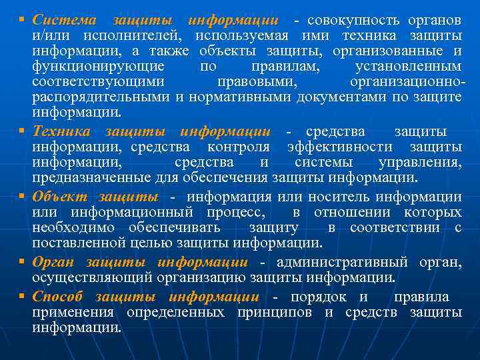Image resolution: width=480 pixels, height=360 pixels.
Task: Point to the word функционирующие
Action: (x=98, y=66)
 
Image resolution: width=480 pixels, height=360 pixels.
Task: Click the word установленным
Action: (x=408, y=66)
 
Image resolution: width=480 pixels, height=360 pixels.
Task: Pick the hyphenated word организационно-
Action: (x=407, y=81)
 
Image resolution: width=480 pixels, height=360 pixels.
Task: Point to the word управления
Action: (x=419, y=162)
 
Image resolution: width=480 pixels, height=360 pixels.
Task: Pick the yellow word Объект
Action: (x=60, y=197)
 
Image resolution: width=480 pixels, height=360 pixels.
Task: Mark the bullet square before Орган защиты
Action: (x=22, y=262)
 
